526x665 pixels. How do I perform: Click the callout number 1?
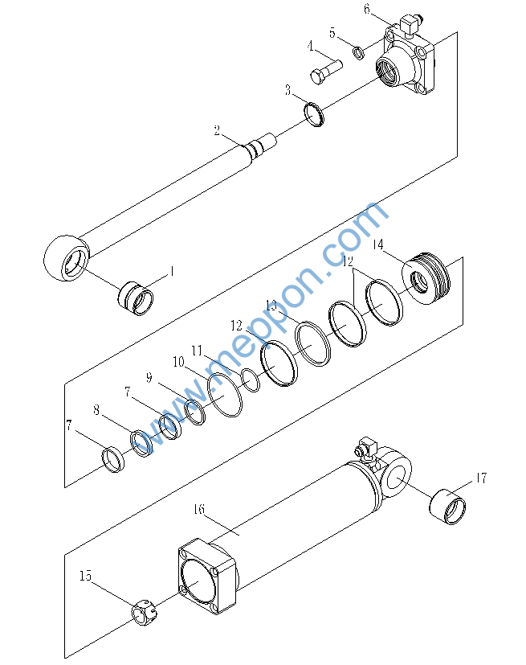(172, 271)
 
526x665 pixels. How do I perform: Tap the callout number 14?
(377, 244)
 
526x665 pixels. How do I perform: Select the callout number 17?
(481, 478)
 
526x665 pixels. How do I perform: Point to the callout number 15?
(85, 576)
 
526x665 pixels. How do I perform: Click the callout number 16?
(199, 508)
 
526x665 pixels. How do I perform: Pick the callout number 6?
(367, 9)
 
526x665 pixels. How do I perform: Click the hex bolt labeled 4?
(326, 72)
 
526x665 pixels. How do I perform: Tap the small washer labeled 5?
(359, 53)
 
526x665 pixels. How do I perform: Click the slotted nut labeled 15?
(144, 613)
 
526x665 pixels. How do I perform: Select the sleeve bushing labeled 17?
(447, 507)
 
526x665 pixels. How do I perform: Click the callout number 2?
(217, 131)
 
